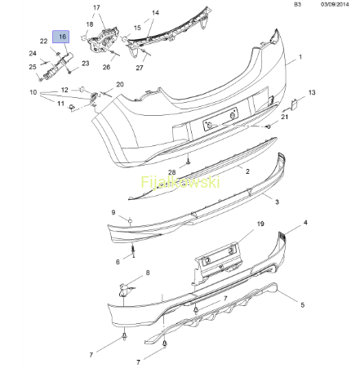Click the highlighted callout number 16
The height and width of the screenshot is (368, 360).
pyautogui.click(x=62, y=37)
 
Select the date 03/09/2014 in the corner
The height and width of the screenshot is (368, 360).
pyautogui.click(x=335, y=4)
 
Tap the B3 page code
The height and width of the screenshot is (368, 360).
pyautogui.click(x=297, y=4)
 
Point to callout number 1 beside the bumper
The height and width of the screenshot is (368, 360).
pyautogui.click(x=300, y=57)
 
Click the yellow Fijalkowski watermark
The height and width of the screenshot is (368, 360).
pyautogui.click(x=180, y=182)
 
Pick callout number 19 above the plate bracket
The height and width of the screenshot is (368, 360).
pyautogui.click(x=260, y=224)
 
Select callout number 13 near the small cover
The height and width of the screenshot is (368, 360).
pyautogui.click(x=312, y=92)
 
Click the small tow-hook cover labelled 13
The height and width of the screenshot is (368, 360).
pyautogui.click(x=294, y=105)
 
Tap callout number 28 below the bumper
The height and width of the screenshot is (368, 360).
pyautogui.click(x=172, y=172)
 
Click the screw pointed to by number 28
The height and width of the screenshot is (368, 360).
pyautogui.click(x=188, y=162)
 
